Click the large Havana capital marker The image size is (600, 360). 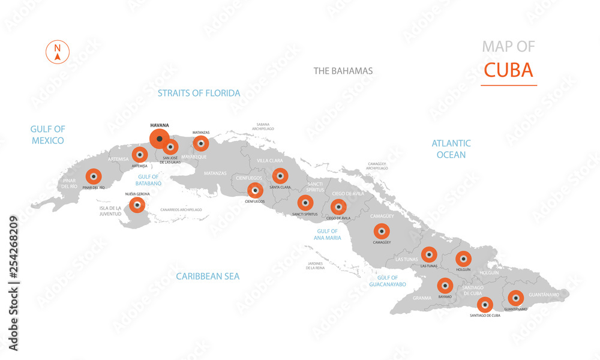(x=159, y=139)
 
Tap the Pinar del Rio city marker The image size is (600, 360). (x=93, y=176)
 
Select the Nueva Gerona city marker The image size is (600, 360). (x=137, y=206)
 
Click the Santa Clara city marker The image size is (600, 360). (x=280, y=176)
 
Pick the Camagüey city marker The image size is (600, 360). (x=382, y=231)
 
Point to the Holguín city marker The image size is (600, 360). (x=463, y=259)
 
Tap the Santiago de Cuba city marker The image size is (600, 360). (x=485, y=304)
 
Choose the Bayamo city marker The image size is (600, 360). (x=445, y=286)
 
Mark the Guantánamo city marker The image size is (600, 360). (x=515, y=298)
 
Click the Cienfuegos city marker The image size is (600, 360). (x=255, y=190)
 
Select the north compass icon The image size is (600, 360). (x=58, y=52)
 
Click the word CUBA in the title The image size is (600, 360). (x=508, y=70)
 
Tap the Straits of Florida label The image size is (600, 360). (x=199, y=93)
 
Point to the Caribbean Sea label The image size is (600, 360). (x=208, y=276)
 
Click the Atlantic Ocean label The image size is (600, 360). (x=451, y=149)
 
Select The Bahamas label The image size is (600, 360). (x=343, y=71)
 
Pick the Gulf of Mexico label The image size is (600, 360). (x=48, y=134)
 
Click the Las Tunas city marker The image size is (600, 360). (x=429, y=254)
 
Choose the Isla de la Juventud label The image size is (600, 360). (x=110, y=211)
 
